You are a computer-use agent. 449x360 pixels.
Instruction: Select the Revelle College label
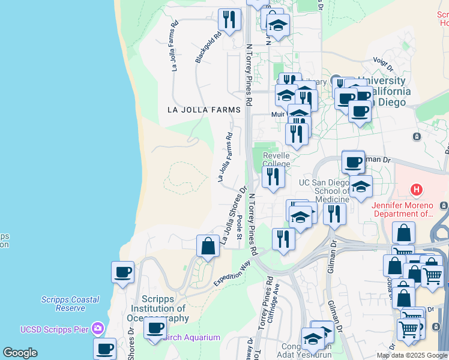(276, 160)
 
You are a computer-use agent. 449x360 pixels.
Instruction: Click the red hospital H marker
(415, 191)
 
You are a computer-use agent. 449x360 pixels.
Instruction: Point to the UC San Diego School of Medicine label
(324, 191)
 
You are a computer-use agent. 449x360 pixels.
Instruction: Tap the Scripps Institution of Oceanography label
(166, 309)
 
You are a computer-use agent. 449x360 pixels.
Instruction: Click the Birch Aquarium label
(192, 337)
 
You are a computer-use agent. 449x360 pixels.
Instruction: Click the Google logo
(20, 353)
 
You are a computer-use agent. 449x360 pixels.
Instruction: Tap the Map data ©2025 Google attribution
(412, 355)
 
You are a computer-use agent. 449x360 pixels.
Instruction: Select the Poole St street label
(239, 227)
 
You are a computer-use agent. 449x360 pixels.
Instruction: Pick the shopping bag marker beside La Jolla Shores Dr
(208, 246)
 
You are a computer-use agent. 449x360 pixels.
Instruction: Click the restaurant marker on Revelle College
(273, 178)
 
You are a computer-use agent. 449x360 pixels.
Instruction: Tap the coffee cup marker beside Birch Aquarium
(155, 328)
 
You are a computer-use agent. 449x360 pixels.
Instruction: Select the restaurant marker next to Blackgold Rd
(229, 19)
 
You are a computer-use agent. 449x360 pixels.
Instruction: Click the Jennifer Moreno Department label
(402, 209)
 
